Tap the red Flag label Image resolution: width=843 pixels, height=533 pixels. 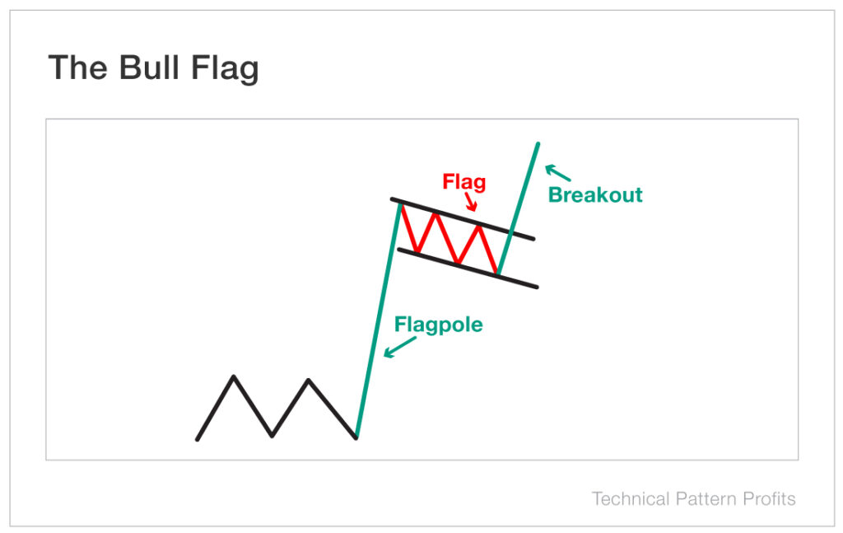[x=464, y=181]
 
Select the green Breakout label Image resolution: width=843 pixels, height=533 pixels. [x=595, y=195]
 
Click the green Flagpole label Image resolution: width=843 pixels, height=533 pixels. [x=438, y=324]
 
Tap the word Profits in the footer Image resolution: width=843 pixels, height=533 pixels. [x=767, y=498]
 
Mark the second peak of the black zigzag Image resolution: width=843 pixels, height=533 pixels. [x=309, y=380]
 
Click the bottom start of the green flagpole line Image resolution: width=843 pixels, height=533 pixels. [x=356, y=437]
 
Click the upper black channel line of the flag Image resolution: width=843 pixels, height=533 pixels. [x=461, y=218]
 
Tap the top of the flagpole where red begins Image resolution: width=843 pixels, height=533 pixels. [x=400, y=204]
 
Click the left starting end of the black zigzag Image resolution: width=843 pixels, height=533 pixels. [x=198, y=439]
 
